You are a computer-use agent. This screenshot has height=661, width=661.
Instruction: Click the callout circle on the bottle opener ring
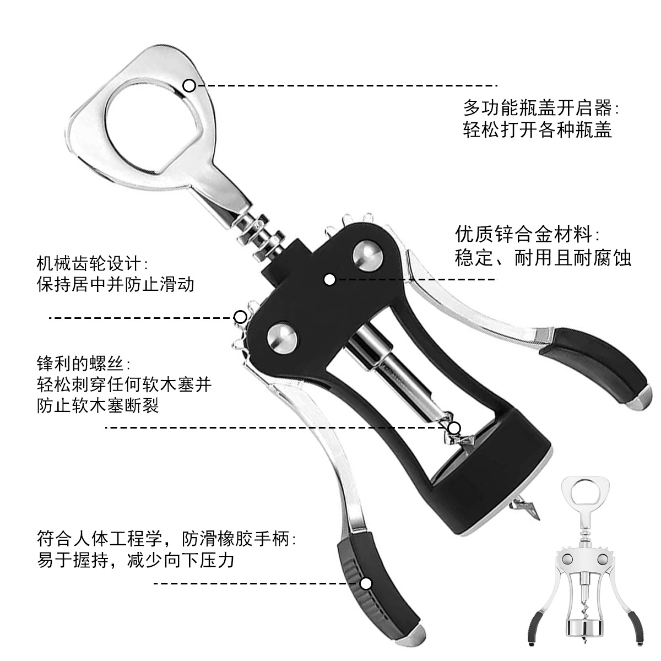coord(189,85)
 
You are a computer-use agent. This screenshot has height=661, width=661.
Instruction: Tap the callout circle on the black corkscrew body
coord(329,280)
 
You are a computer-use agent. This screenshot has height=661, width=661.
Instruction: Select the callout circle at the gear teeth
coord(240,317)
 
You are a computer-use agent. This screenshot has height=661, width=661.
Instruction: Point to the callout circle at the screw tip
coord(454,428)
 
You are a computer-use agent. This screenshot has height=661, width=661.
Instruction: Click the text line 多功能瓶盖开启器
coord(540,107)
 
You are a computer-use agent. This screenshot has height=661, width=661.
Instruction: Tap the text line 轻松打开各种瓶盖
coord(537,131)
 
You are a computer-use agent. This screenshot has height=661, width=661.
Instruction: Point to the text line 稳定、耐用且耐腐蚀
coord(543,258)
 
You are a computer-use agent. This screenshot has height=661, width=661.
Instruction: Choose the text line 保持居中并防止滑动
coord(116,284)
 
